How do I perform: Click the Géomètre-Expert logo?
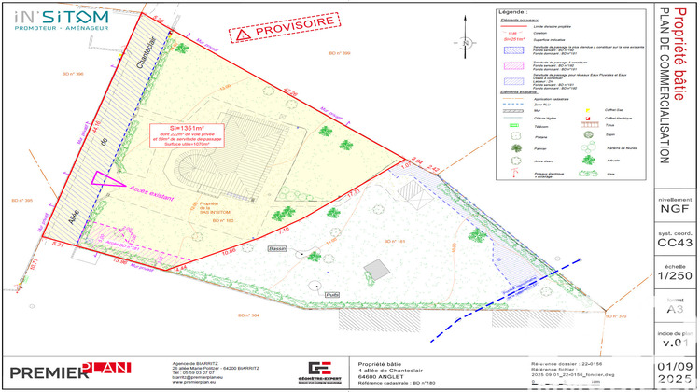coord(322,371)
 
